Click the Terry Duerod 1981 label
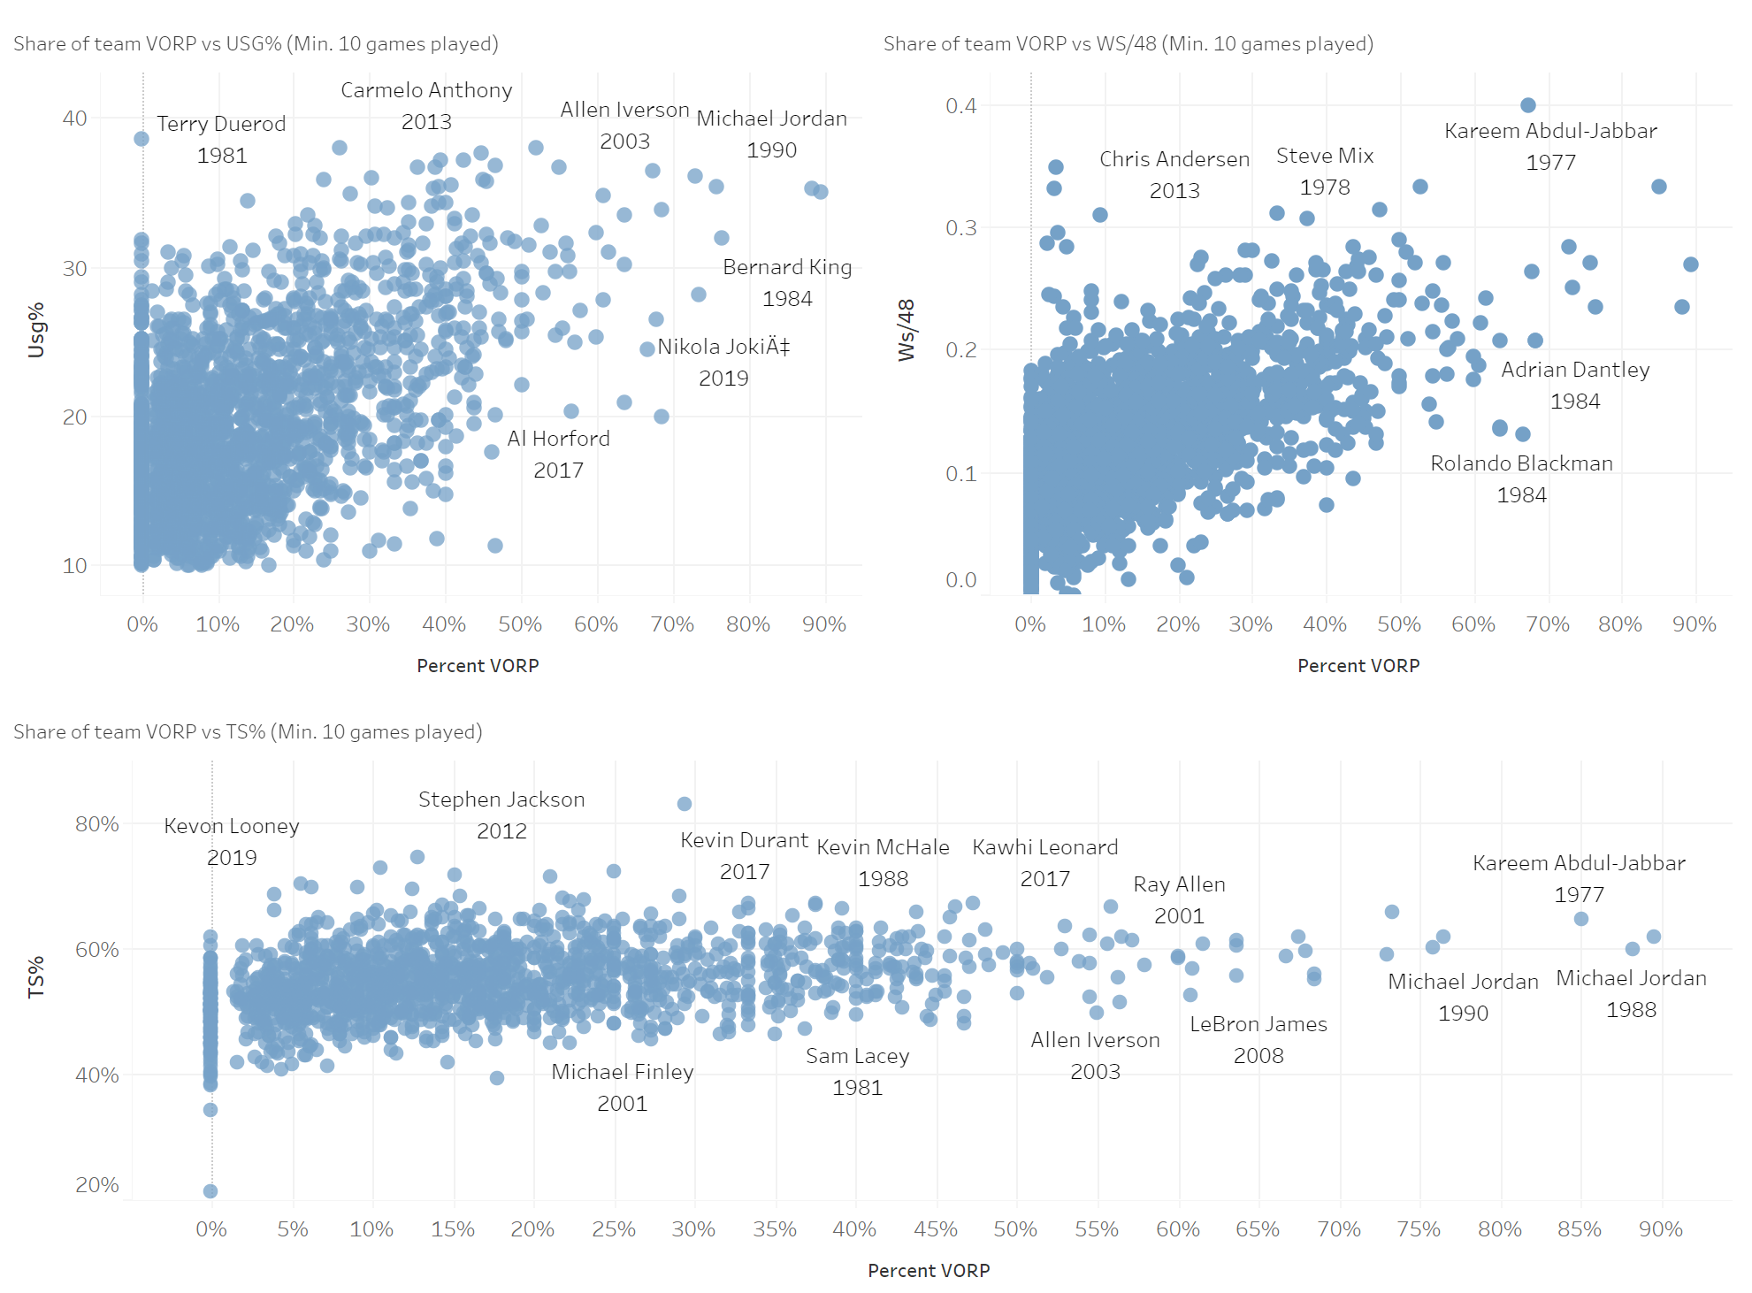[221, 140]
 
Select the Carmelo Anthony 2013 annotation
[426, 106]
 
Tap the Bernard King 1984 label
[787, 283]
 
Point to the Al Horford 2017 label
[558, 455]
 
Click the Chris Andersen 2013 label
[1174, 175]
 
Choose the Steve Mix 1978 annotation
[1325, 172]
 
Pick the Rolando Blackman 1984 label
[1521, 479]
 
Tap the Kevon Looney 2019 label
[232, 842]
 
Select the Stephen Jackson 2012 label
[501, 815]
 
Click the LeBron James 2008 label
[1259, 1040]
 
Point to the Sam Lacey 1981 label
[857, 1072]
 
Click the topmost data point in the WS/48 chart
[1528, 105]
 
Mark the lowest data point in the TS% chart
[210, 1191]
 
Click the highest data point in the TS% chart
[685, 804]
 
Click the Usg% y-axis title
[36, 330]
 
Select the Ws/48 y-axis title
[907, 330]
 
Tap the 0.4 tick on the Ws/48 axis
[960, 106]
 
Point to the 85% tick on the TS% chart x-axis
[1580, 1229]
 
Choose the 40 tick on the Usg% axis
[75, 119]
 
